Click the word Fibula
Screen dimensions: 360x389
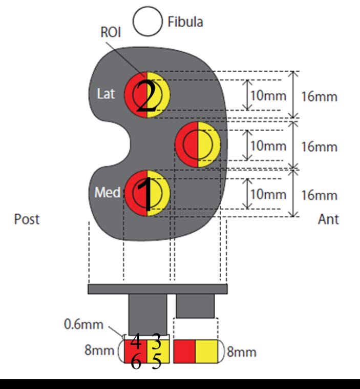[x=185, y=22]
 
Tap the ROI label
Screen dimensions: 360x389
[x=111, y=32]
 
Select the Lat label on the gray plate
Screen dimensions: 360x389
[x=106, y=94]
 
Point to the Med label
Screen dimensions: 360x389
[x=108, y=192]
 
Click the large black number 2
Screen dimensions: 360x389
[x=147, y=97]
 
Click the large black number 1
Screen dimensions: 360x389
[x=147, y=194]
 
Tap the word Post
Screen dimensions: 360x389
[x=27, y=219]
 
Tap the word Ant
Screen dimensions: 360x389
[x=328, y=219]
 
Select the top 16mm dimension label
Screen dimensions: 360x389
[x=320, y=96]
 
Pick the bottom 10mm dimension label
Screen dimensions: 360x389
[x=268, y=194]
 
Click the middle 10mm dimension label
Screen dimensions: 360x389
[x=268, y=146]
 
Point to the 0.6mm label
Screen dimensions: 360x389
[x=83, y=324]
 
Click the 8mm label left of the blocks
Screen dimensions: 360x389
[x=99, y=350]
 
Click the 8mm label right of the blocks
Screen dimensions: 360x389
[x=242, y=352]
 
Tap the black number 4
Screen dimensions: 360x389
[x=136, y=341]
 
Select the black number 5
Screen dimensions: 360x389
[x=157, y=361]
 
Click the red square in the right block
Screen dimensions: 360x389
[x=184, y=352]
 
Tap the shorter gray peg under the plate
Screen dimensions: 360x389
[x=195, y=306]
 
